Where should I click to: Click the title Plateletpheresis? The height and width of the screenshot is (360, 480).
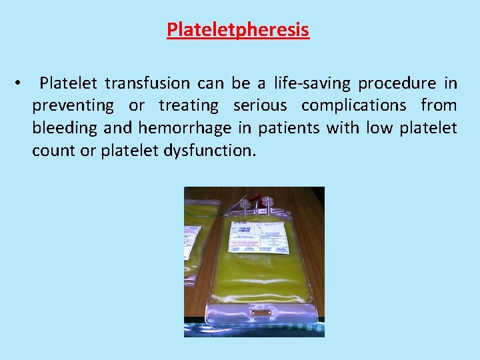(238, 30)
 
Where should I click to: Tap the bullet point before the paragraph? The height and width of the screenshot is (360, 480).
(23, 84)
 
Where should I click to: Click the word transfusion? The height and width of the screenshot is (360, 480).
(151, 83)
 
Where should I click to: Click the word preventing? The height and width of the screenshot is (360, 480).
(73, 105)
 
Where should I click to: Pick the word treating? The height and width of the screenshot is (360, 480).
(189, 105)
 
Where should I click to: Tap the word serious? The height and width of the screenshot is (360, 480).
(260, 105)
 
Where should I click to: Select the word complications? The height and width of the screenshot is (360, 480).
(354, 105)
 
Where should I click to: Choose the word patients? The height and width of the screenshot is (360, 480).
(289, 127)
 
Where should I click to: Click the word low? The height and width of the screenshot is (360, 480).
(380, 127)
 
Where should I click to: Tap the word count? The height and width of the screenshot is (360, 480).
(54, 150)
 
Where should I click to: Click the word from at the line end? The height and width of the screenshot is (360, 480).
(439, 105)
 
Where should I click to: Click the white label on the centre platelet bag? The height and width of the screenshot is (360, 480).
(259, 237)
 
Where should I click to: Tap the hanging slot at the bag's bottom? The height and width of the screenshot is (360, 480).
(261, 312)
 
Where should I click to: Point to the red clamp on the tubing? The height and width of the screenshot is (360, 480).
(255, 199)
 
